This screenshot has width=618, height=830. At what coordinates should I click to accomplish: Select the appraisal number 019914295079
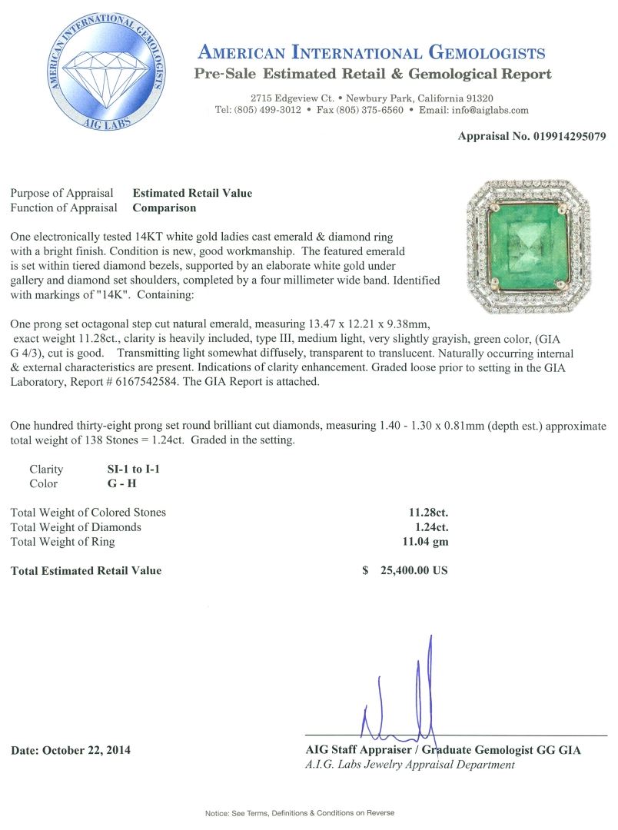coord(554,137)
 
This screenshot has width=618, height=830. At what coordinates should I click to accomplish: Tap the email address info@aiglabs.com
coord(490,110)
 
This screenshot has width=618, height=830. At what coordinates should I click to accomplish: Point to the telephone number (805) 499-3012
coord(268,110)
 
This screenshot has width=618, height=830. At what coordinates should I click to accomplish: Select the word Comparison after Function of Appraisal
coord(164,207)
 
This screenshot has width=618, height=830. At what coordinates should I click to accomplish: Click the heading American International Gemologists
coord(371,53)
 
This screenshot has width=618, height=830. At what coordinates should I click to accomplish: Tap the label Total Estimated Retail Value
coord(86,570)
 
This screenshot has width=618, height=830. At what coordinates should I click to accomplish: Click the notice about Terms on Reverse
coord(299,812)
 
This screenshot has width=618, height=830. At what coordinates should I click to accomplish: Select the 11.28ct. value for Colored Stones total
coord(428,512)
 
